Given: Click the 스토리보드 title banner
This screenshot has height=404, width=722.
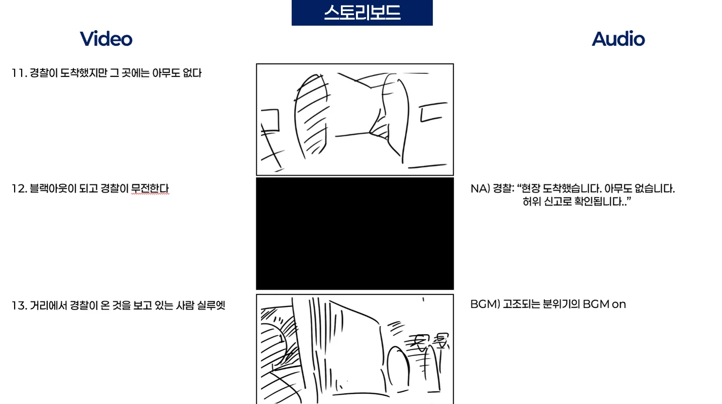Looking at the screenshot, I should coord(362,13).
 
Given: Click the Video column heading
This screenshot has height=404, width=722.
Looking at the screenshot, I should coord(106,39).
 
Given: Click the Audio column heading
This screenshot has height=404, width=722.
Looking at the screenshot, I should coord(618,39).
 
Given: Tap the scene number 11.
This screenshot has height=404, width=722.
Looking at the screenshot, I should coord(19,73).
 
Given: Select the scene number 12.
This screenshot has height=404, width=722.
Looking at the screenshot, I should coord(19,189).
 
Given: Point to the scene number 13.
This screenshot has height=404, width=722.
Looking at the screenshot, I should coord(19,305).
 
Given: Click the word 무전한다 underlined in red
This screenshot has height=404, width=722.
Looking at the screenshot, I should coord(150,189).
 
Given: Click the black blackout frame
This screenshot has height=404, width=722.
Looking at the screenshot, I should coord(354,233).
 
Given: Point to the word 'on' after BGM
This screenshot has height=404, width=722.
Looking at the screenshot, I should coord(619,304).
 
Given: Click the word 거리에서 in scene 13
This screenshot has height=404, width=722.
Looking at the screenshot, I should coord(48,305).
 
